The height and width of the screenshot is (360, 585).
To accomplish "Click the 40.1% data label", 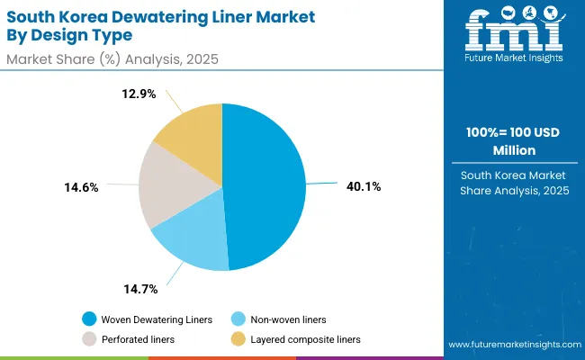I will [x=364, y=187].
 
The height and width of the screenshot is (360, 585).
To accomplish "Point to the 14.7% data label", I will [x=140, y=289].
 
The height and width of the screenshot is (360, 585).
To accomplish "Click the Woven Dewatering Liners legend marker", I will [x=89, y=319].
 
